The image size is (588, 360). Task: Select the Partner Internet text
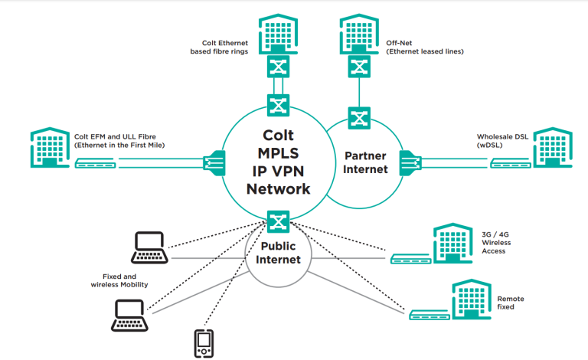pos(361,163)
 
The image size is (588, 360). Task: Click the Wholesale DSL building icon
pos(552,146)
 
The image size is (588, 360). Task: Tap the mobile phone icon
pos(202,343)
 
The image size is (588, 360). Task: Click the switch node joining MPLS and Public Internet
pos(277,222)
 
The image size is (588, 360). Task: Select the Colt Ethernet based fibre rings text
pos(219,47)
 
